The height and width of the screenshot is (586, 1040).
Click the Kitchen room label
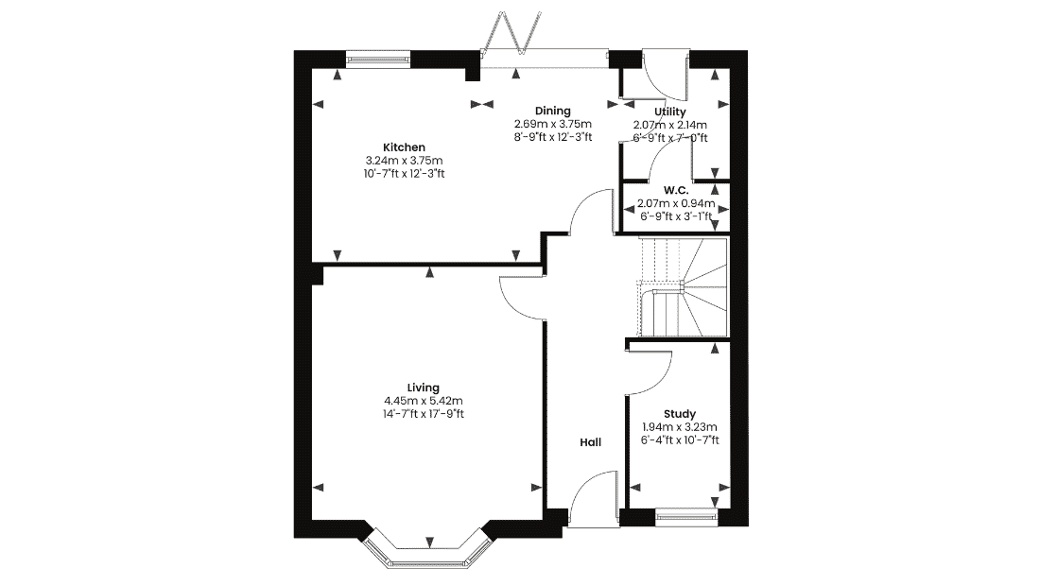click(x=404, y=147)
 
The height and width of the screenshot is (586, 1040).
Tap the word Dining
click(x=552, y=111)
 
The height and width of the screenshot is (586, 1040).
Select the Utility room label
click(x=670, y=112)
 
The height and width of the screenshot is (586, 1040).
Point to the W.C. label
click(x=676, y=190)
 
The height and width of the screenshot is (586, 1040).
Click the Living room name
click(x=424, y=388)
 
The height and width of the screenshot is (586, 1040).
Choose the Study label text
click(x=680, y=414)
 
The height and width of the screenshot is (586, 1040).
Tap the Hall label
click(x=590, y=442)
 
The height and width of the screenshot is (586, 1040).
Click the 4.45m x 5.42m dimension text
click(x=424, y=401)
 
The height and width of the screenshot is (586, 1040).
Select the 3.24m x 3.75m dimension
click(x=404, y=161)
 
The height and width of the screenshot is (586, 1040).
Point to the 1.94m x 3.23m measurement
click(x=680, y=427)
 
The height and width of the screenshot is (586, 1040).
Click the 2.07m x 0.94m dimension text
click(x=676, y=203)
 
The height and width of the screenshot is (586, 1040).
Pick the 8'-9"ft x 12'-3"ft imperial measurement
click(x=552, y=137)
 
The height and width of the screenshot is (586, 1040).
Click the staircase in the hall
click(x=683, y=287)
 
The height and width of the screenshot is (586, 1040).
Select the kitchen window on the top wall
click(x=378, y=60)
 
